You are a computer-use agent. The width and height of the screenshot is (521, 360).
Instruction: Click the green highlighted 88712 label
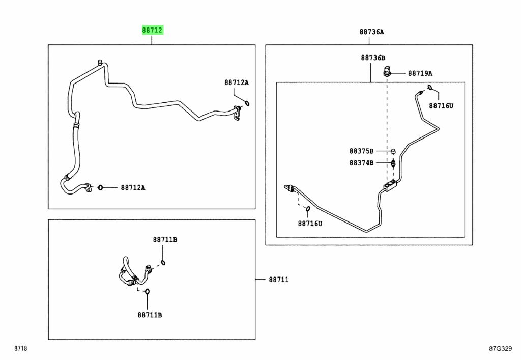[x=152, y=30]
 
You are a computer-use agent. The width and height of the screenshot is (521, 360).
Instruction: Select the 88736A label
[x=371, y=32]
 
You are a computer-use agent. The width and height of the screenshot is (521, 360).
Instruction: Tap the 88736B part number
[x=373, y=58]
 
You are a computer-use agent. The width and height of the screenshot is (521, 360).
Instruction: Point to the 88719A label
[x=420, y=73]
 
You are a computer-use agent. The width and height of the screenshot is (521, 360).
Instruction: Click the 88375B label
[x=361, y=151]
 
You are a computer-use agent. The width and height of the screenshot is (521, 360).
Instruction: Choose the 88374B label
[x=361, y=163]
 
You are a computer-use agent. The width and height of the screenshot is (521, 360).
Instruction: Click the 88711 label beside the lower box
[x=279, y=280]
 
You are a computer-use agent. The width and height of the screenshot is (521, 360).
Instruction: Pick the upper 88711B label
[x=165, y=239]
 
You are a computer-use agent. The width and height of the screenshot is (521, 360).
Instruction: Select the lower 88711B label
[x=150, y=315]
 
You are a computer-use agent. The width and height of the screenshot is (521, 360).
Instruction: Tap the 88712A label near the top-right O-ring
[x=236, y=82]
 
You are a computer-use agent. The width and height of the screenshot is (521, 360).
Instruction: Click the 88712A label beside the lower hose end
[x=133, y=187]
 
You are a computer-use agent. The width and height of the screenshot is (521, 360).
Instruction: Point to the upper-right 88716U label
[x=441, y=106]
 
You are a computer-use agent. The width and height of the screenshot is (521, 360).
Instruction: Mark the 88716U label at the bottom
[x=310, y=224]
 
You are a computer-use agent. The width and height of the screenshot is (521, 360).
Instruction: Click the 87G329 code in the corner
[x=501, y=348]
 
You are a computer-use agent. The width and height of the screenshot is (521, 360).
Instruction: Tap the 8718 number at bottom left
[x=20, y=348]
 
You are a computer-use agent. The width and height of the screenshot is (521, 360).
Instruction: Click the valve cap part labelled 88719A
[x=387, y=71]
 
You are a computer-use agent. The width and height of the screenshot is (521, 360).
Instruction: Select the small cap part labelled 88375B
[x=393, y=152]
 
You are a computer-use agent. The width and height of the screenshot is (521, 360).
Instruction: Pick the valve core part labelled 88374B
[x=393, y=163]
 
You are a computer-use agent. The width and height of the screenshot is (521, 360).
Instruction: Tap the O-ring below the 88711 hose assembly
[x=147, y=292]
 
